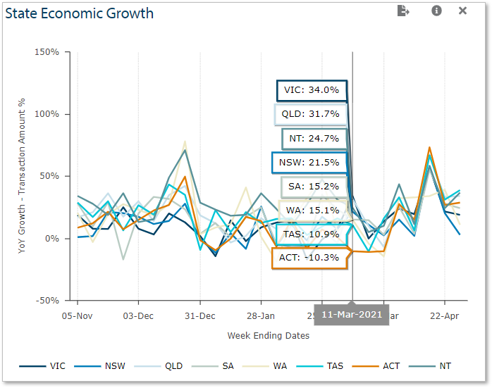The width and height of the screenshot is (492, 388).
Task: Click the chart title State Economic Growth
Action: pyautogui.click(x=80, y=13)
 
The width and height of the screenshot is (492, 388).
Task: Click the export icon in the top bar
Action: pyautogui.click(x=403, y=11)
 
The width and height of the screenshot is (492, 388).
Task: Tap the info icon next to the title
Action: pyautogui.click(x=436, y=11)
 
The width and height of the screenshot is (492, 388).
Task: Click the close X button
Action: pyautogui.click(x=462, y=11)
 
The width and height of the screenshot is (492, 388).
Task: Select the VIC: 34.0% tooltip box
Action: pyautogui.click(x=312, y=90)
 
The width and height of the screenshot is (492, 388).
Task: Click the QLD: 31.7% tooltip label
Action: pyautogui.click(x=311, y=114)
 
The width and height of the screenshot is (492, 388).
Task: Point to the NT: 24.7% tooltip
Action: pyautogui.click(x=314, y=138)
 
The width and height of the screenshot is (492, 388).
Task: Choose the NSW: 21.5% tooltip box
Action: pyautogui.click(x=309, y=163)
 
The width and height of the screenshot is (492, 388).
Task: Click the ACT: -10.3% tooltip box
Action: pyautogui.click(x=309, y=258)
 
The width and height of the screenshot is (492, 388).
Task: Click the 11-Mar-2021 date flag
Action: pyautogui.click(x=352, y=314)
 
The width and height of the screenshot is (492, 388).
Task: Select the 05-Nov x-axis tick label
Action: pyautogui.click(x=78, y=316)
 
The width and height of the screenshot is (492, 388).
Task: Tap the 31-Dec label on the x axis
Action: pyautogui.click(x=200, y=316)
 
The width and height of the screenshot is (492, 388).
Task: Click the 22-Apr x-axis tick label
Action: pyautogui.click(x=445, y=316)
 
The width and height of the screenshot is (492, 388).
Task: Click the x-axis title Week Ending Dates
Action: pyautogui.click(x=268, y=336)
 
